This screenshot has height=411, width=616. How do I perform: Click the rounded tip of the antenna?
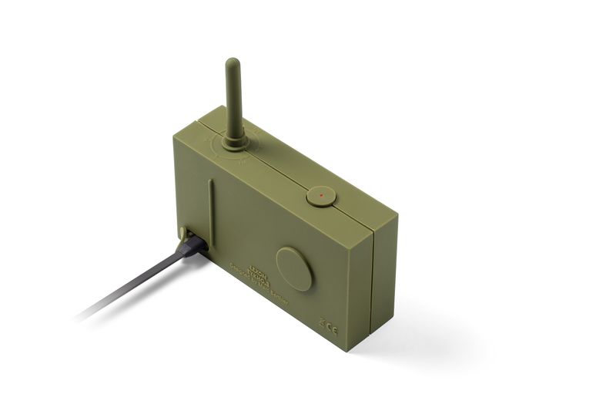232,63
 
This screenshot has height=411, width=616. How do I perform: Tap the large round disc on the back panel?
293,268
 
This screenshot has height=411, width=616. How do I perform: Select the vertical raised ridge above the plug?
210,207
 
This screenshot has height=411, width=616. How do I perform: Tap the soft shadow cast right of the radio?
431,339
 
